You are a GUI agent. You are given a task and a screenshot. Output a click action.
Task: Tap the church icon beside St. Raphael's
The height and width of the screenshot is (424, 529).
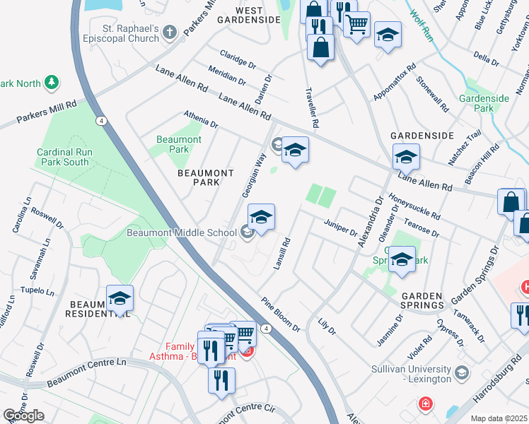169,33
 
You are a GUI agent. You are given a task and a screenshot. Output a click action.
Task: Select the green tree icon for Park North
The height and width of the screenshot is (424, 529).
51,83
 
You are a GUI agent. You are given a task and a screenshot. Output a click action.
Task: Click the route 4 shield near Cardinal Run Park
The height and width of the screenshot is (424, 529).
102,121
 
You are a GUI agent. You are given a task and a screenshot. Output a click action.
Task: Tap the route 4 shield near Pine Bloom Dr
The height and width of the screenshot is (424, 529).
265,329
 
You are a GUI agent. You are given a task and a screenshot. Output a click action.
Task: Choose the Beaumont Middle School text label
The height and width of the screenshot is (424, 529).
182,232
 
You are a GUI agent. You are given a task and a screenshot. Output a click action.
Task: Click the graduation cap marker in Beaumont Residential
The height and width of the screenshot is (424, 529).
120,299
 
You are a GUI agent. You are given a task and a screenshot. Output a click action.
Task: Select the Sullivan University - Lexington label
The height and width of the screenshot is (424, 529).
412,374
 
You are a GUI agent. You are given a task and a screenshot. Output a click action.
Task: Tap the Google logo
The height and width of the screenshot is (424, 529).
23,416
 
